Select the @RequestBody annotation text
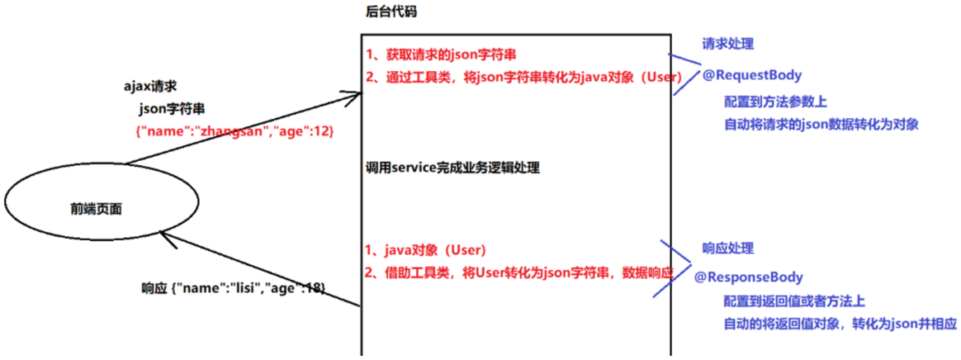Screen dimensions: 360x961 (x=751, y=75)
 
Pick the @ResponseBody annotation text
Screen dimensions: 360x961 (x=748, y=277)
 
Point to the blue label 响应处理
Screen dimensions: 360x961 (x=727, y=248)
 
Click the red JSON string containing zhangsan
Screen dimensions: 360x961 (x=235, y=132)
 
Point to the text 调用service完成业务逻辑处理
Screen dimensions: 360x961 (x=452, y=168)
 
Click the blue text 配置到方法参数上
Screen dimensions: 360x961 (x=775, y=102)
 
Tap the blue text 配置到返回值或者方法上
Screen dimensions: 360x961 (x=793, y=301)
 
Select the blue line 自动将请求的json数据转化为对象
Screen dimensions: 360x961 (x=821, y=125)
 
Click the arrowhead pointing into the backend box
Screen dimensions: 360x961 (x=353, y=96)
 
